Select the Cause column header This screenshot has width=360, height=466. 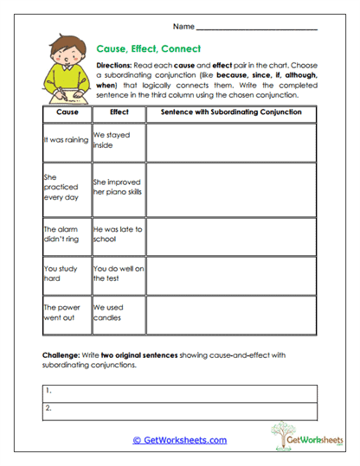[x=67, y=112]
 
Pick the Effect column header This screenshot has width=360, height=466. [x=119, y=112]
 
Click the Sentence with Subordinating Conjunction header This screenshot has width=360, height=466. [x=230, y=112]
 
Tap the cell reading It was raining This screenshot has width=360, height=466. [x=66, y=140]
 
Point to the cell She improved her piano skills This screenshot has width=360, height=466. [x=118, y=188]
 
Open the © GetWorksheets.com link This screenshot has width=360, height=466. [x=180, y=440]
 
